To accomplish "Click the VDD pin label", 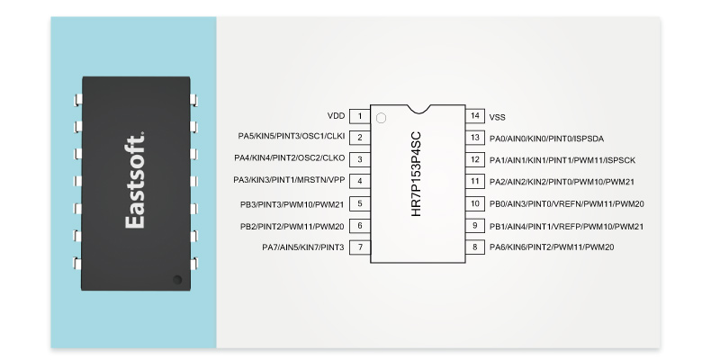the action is pyautogui.click(x=336, y=116).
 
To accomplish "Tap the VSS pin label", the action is pyautogui.click(x=497, y=117).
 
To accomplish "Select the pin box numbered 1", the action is pyautogui.click(x=360, y=116).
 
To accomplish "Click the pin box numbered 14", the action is pyautogui.click(x=475, y=115).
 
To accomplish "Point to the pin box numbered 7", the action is pyautogui.click(x=360, y=247).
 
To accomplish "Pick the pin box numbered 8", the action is pyautogui.click(x=475, y=247).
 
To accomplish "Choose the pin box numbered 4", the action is pyautogui.click(x=360, y=182).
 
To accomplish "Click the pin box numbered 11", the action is pyautogui.click(x=475, y=182).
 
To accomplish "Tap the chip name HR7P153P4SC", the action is pyautogui.click(x=416, y=174).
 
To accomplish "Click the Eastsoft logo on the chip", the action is pyautogui.click(x=135, y=181).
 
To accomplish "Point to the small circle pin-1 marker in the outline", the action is pyautogui.click(x=381, y=118).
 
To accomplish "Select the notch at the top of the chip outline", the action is pyautogui.click(x=418, y=109).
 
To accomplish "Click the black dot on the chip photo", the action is pyautogui.click(x=177, y=280).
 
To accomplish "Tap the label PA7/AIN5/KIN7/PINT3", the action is pyautogui.click(x=303, y=247).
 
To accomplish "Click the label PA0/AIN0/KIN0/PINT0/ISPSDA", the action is pyautogui.click(x=546, y=139).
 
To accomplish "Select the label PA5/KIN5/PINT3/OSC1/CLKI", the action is pyautogui.click(x=292, y=136).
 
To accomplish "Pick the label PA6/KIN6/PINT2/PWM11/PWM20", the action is pyautogui.click(x=552, y=247).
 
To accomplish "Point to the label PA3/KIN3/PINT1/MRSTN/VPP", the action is pyautogui.click(x=289, y=180).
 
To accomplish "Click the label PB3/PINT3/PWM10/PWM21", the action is pyautogui.click(x=292, y=204).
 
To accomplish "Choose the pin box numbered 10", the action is pyautogui.click(x=475, y=203).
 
